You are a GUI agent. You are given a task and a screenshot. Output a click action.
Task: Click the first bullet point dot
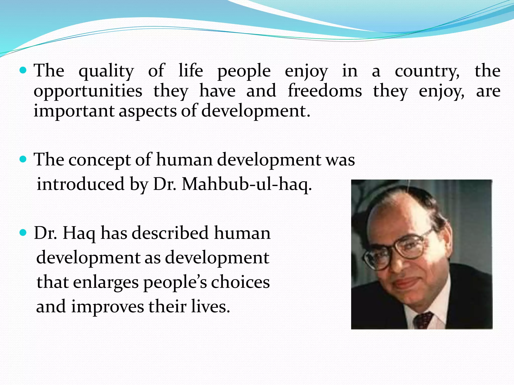tap(23, 70)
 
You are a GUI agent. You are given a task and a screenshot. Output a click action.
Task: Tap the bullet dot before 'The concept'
tap(23, 159)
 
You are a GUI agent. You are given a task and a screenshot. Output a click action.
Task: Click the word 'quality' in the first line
tap(106, 71)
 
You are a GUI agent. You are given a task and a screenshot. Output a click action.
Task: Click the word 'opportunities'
tap(88, 91)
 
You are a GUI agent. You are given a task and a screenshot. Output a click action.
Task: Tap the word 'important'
tap(74, 111)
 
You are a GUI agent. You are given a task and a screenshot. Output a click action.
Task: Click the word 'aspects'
tap(148, 111)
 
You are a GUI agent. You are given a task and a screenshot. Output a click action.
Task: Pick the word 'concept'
tap(99, 160)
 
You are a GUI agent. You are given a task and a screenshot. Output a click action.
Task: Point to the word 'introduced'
tap(81, 184)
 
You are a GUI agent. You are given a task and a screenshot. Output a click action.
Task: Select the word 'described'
tap(170, 233)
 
